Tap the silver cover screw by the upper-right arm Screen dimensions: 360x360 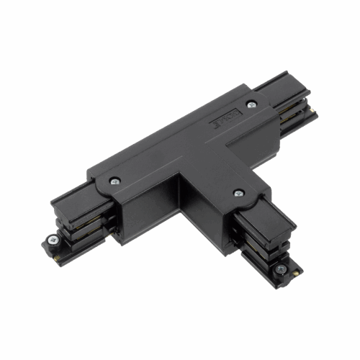click(x=251, y=105)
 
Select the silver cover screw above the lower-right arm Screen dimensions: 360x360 click(x=238, y=193)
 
